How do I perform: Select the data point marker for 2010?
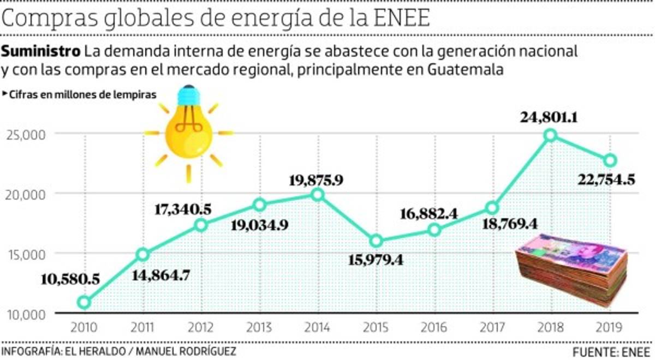click(84, 302)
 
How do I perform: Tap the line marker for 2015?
click(376, 241)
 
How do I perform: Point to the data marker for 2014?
click(318, 194)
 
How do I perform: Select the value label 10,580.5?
click(70, 279)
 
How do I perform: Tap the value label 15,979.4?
click(376, 260)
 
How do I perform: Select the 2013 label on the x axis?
click(259, 327)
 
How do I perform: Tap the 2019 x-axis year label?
click(610, 327)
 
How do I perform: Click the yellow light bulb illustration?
click(188, 129)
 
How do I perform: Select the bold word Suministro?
click(41, 52)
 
